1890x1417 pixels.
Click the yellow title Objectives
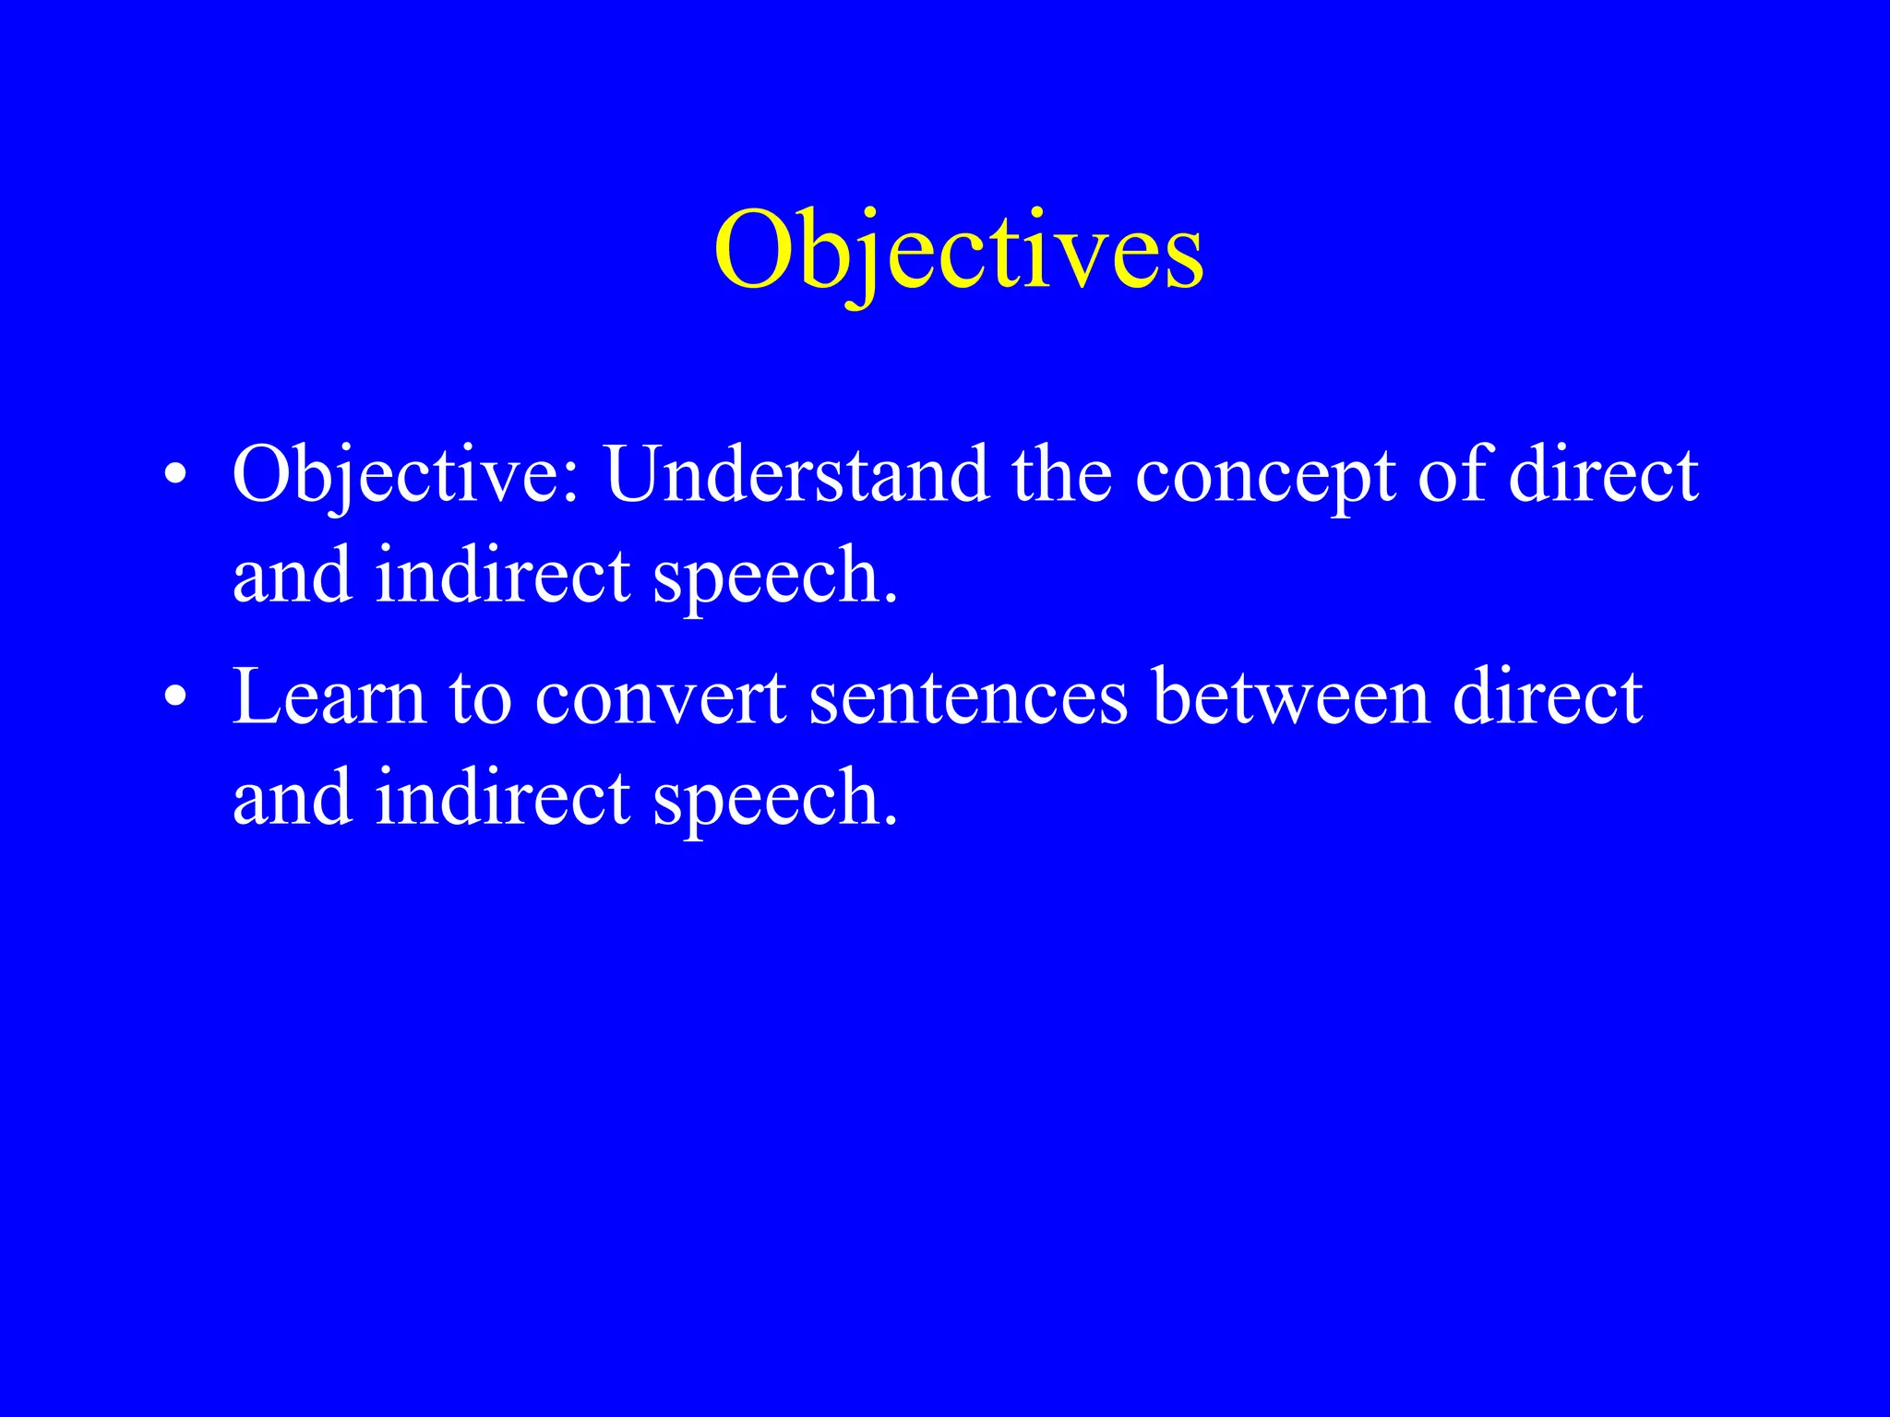[x=958, y=251]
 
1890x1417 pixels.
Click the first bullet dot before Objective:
[x=174, y=476]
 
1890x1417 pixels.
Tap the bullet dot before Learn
[x=174, y=698]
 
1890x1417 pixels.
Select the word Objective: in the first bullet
[x=406, y=476]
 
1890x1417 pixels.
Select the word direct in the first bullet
[x=1603, y=474]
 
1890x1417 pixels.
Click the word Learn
[x=329, y=697]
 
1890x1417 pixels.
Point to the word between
[x=1291, y=697]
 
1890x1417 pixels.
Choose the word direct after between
[x=1548, y=697]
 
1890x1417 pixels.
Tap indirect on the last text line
[x=503, y=797]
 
